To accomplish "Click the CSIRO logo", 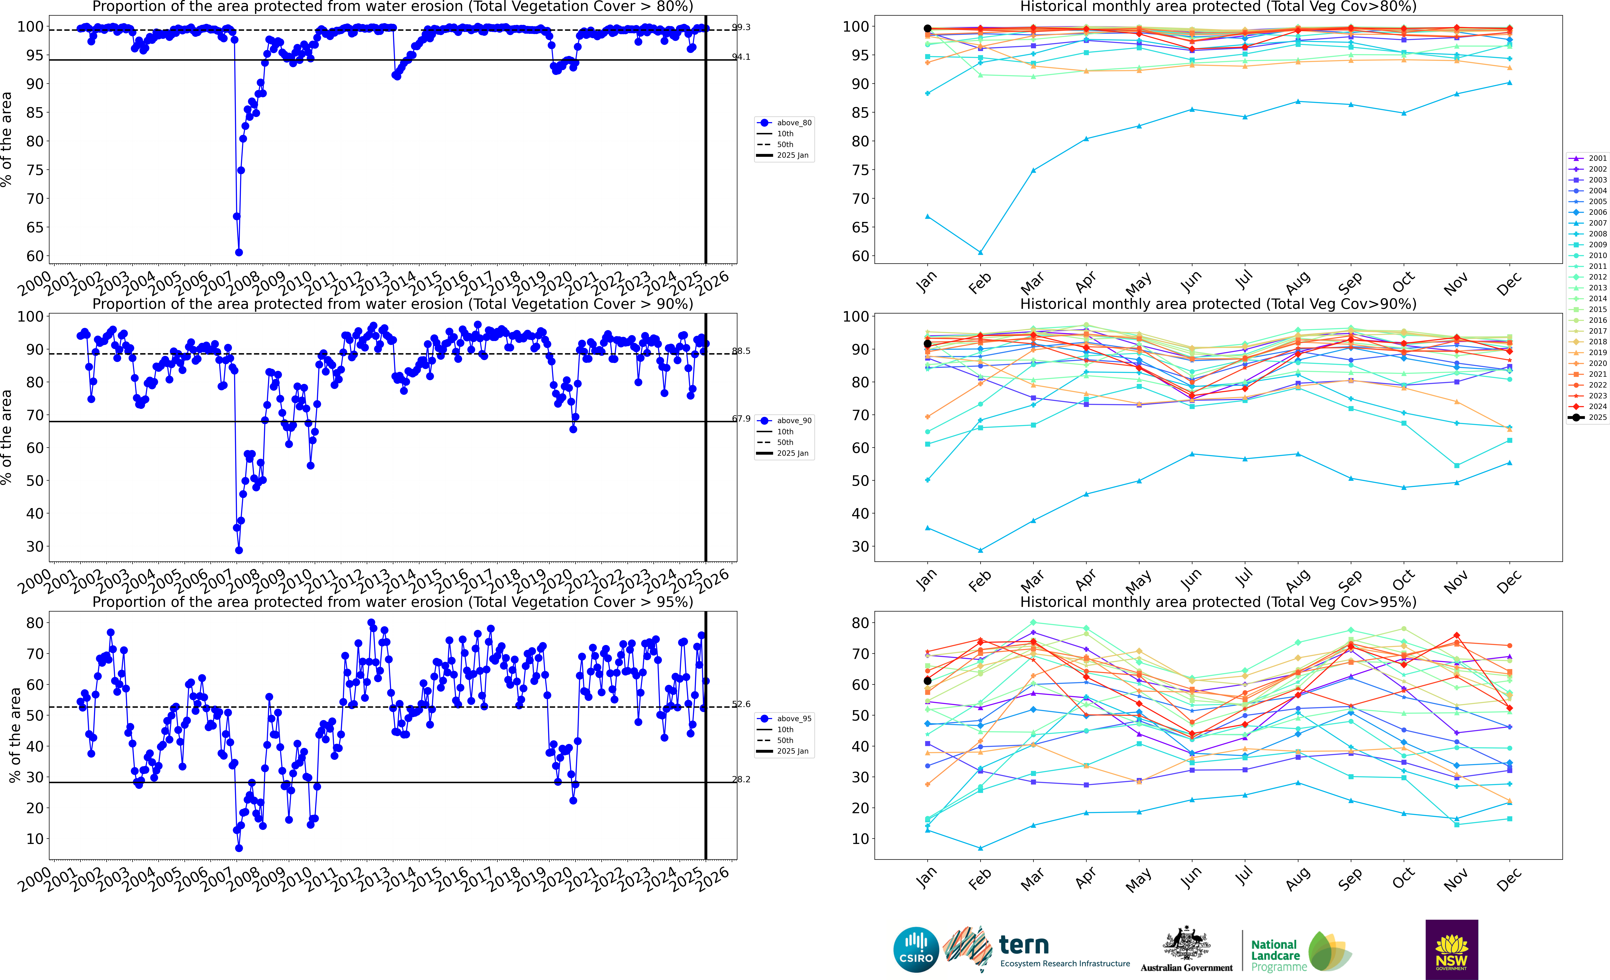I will tap(915, 949).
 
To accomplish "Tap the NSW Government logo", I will tap(1451, 949).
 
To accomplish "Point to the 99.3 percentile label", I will tap(741, 27).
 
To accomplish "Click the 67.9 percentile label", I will tap(741, 419).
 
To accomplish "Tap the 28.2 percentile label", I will tap(741, 779).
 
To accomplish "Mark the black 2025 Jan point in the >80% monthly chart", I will tap(927, 29).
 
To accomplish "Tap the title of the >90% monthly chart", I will tap(1218, 304).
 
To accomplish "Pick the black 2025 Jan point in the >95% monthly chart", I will tap(927, 681).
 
